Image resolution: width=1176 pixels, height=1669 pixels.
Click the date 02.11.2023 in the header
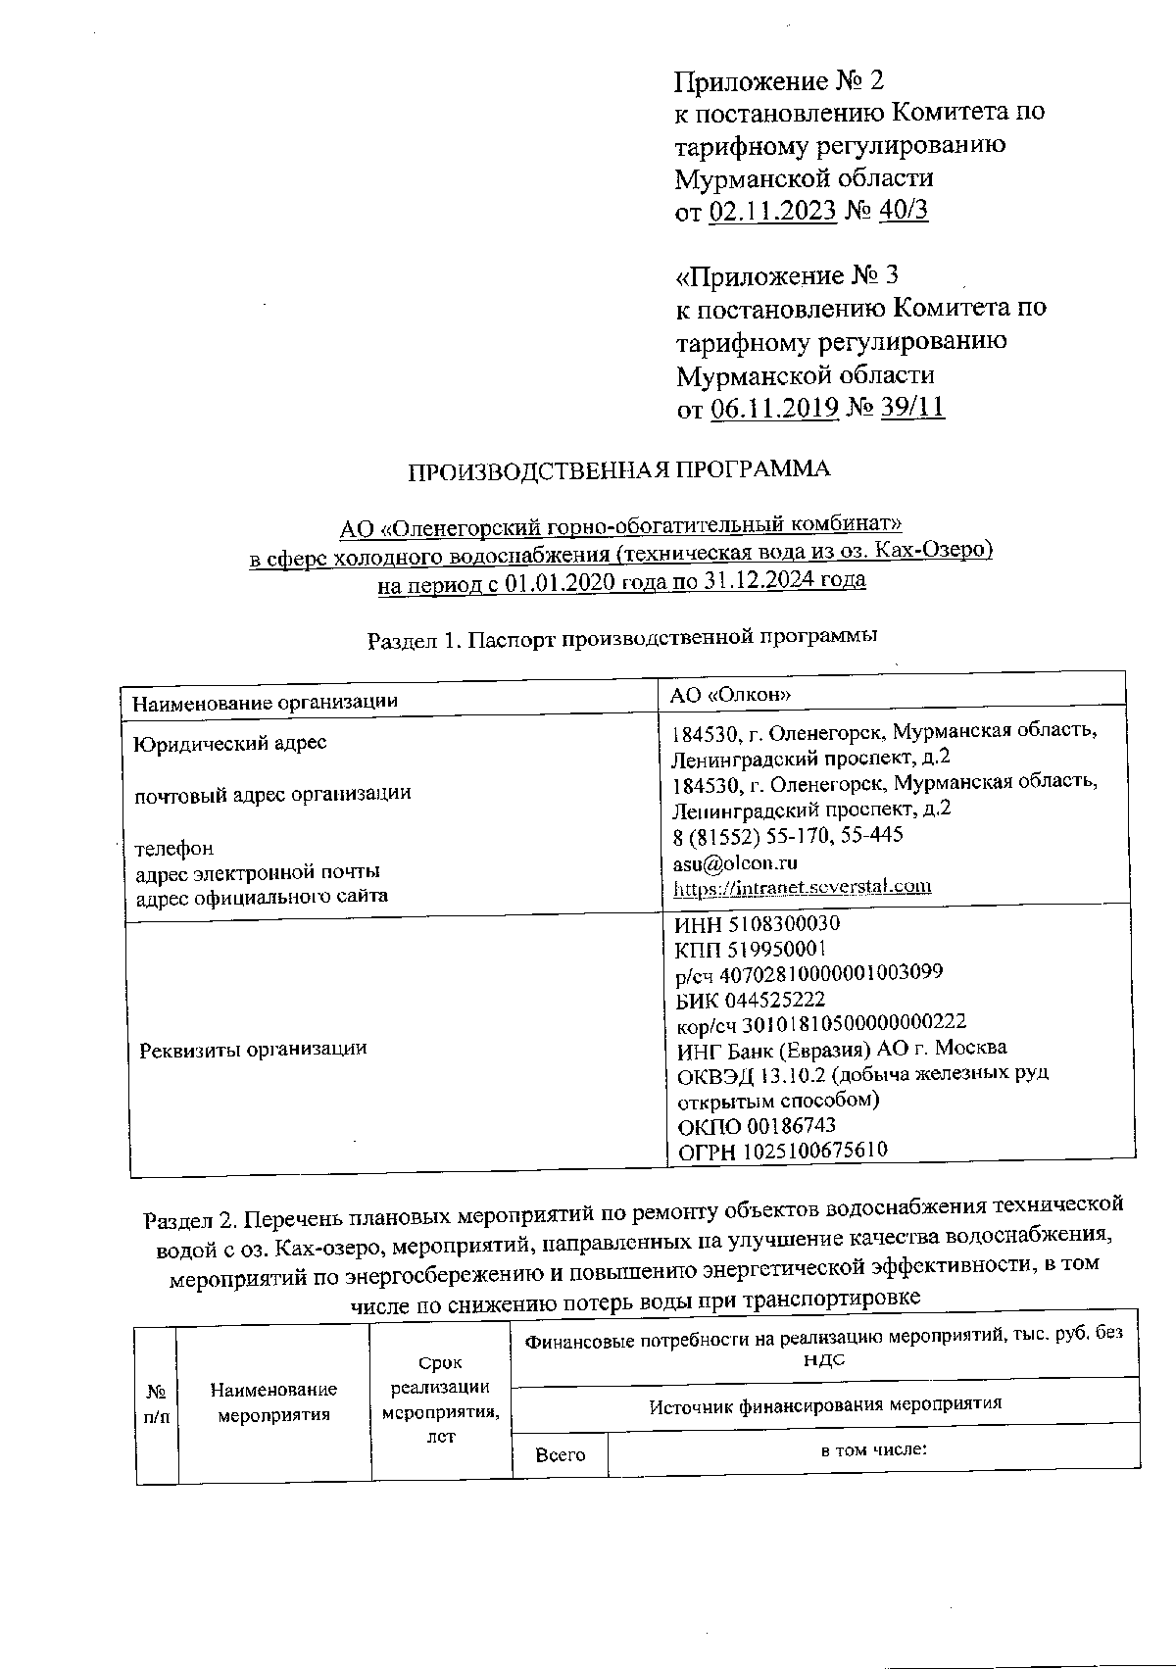[771, 211]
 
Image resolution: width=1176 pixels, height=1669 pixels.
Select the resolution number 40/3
[902, 211]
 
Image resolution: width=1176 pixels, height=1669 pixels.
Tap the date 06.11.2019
[773, 408]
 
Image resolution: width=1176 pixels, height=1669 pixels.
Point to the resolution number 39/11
[912, 408]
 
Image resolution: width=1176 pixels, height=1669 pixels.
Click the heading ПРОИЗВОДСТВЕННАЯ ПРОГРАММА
[618, 469]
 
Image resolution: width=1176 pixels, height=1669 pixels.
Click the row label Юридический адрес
[230, 743]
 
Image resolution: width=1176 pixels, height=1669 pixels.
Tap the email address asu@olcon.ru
[735, 862]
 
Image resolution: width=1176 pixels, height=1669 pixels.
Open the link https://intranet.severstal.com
[802, 887]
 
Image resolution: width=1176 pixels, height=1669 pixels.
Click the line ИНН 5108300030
[758, 923]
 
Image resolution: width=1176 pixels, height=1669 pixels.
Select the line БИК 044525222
[751, 1000]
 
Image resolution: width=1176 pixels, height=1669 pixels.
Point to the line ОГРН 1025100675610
[783, 1151]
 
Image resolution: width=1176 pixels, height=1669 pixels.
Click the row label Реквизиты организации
[253, 1049]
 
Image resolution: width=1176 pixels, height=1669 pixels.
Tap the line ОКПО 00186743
[757, 1126]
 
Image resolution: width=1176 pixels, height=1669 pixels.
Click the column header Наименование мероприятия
[273, 1402]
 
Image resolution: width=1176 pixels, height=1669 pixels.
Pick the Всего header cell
[560, 1455]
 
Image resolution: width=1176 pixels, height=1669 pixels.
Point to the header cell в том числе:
[873, 1448]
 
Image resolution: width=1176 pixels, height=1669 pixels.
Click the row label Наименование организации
[265, 702]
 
